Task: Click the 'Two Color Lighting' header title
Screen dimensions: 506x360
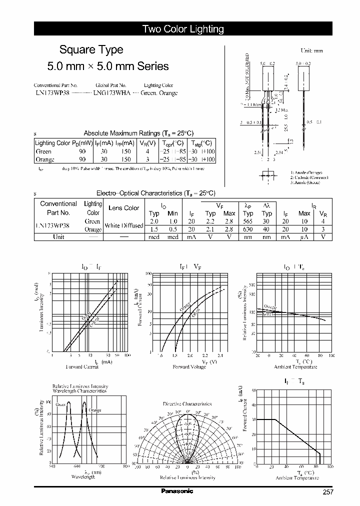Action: (x=183, y=29)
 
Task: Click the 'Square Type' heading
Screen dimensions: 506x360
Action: (x=91, y=50)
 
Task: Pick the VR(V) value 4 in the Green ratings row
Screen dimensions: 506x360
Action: (x=147, y=151)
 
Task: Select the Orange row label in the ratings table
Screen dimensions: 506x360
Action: (x=45, y=159)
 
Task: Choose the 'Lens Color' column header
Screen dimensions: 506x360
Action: (x=124, y=208)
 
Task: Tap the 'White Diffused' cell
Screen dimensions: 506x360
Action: (x=124, y=225)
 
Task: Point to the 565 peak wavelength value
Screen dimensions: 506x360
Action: (x=248, y=221)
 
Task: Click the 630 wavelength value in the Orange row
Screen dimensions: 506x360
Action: (x=248, y=229)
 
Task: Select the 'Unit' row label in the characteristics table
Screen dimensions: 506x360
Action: (x=58, y=237)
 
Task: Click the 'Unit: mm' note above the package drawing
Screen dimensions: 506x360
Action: (x=311, y=51)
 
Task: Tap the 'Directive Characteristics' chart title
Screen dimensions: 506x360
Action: (x=187, y=403)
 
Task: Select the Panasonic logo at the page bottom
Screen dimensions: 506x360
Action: (x=176, y=491)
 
